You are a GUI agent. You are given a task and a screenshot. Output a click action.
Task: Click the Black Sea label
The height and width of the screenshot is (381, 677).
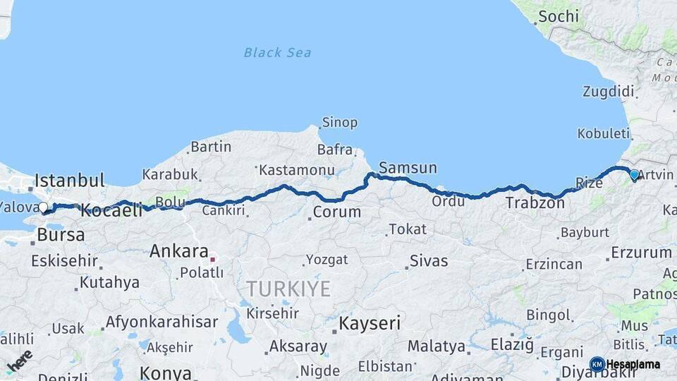coord(277,52)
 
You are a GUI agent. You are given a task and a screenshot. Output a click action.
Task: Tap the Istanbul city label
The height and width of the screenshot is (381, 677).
coord(70,180)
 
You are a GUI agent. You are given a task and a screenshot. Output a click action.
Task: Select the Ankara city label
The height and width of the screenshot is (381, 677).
coord(178,251)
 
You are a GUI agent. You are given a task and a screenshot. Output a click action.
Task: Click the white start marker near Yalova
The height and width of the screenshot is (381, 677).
coord(44,207)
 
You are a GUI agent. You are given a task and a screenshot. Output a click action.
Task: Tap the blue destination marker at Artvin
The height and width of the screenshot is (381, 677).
coord(634,174)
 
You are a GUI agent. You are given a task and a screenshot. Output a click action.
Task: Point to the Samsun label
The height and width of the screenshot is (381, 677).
coord(408,168)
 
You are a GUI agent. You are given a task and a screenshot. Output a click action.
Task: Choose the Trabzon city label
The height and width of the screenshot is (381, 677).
coord(535,203)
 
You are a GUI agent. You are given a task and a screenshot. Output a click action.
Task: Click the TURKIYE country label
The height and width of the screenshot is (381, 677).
coord(288,288)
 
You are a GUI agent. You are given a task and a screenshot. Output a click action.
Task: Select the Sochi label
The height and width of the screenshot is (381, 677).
coord(558,16)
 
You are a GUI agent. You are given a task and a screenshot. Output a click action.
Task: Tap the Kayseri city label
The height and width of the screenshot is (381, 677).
coord(370,324)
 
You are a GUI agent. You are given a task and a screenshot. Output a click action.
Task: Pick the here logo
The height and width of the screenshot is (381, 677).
coord(20,361)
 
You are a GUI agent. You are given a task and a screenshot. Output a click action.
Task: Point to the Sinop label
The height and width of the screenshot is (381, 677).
coord(339,123)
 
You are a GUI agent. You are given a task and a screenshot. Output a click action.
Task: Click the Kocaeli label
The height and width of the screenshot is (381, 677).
coord(111,210)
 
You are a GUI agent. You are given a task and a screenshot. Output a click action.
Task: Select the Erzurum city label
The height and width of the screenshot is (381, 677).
coord(641,252)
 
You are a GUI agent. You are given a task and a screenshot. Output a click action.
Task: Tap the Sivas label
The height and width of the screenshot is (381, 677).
coord(429,261)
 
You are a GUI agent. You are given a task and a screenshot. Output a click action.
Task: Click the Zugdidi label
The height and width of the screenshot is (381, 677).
coord(608,91)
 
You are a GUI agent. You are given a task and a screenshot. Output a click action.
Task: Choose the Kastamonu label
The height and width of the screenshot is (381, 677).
coord(295,170)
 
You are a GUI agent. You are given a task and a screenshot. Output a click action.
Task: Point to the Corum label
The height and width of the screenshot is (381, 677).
coord(336,212)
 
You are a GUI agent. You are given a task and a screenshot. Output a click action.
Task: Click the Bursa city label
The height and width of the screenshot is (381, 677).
coord(61,234)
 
